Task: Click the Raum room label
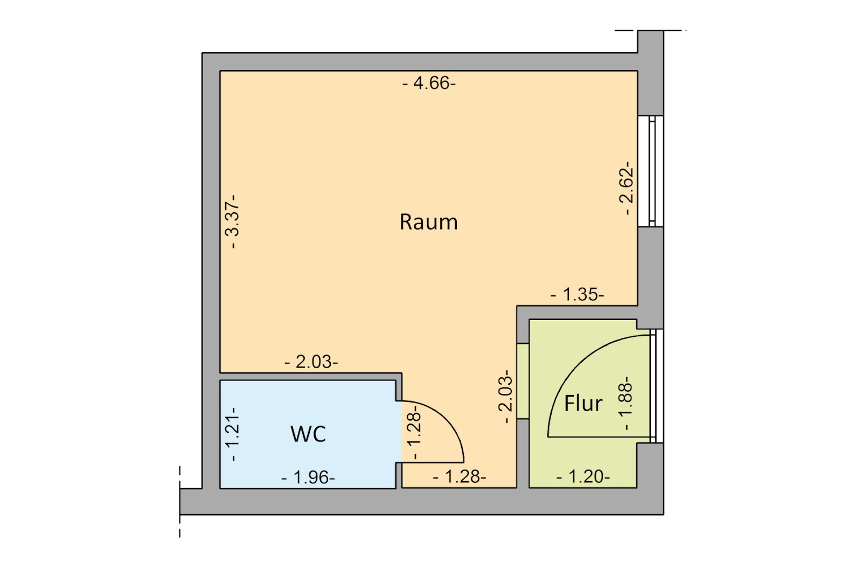tap(429, 222)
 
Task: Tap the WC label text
tap(308, 434)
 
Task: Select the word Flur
tap(583, 403)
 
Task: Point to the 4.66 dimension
tap(429, 83)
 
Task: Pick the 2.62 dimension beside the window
tap(626, 188)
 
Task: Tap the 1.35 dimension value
tap(577, 295)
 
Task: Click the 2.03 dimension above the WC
tap(311, 362)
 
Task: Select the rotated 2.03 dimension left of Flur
tap(505, 397)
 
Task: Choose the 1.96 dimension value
tap(308, 477)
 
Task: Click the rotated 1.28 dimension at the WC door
tap(414, 433)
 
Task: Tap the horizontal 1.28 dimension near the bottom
tap(460, 477)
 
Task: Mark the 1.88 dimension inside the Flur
tap(625, 403)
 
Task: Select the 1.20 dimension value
tap(583, 477)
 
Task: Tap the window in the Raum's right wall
tap(651, 171)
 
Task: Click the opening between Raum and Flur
tap(523, 381)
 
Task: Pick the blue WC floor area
tap(308, 434)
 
